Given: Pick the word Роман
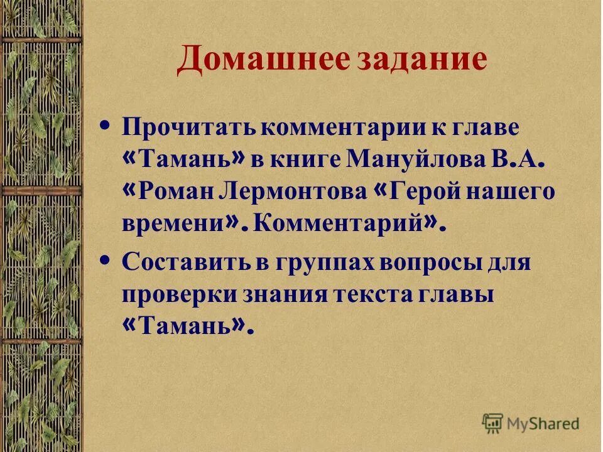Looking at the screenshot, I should pyautogui.click(x=178, y=193).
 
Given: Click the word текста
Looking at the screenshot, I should pyautogui.click(x=373, y=294).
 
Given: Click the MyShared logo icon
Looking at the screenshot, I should pyautogui.click(x=493, y=424).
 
